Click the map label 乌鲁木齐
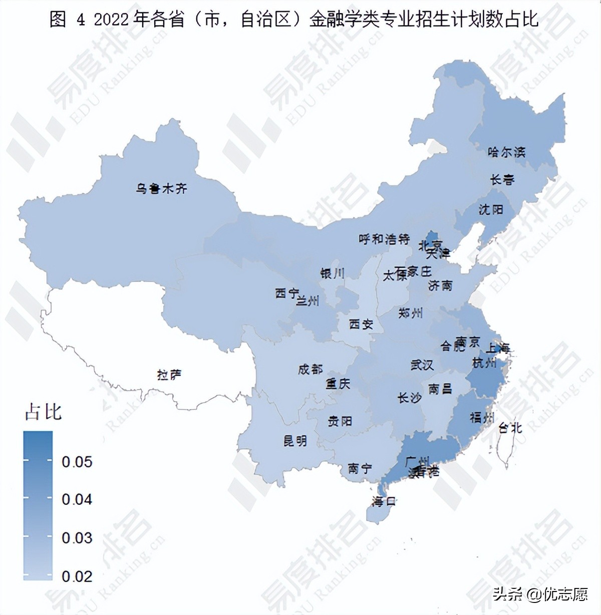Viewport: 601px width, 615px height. pyautogui.click(x=161, y=189)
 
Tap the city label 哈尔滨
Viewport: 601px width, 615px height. pyautogui.click(x=506, y=152)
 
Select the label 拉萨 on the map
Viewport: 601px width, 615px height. pyautogui.click(x=169, y=375)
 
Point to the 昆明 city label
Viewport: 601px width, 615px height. pyautogui.click(x=295, y=441)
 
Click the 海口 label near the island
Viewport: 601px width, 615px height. pyautogui.click(x=384, y=501)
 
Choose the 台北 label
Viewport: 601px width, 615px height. pyautogui.click(x=510, y=428)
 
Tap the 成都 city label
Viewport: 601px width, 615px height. pyautogui.click(x=310, y=370)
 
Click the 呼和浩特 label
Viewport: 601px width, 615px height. pyautogui.click(x=384, y=239)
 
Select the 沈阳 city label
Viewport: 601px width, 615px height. pyautogui.click(x=490, y=209)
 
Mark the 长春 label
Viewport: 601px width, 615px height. pyautogui.click(x=502, y=179)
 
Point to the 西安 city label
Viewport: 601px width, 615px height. pyautogui.click(x=361, y=325)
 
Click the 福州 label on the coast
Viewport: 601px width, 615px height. pyautogui.click(x=482, y=417)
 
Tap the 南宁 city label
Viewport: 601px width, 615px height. pyautogui.click(x=360, y=469)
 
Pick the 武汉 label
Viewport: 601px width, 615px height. pyautogui.click(x=422, y=365)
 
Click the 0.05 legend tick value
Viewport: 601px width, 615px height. pyautogui.click(x=77, y=462)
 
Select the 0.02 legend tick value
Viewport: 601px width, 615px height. pyautogui.click(x=77, y=576)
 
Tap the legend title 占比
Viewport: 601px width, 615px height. pyautogui.click(x=43, y=412)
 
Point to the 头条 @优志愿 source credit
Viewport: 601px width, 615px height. pyautogui.click(x=540, y=594)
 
